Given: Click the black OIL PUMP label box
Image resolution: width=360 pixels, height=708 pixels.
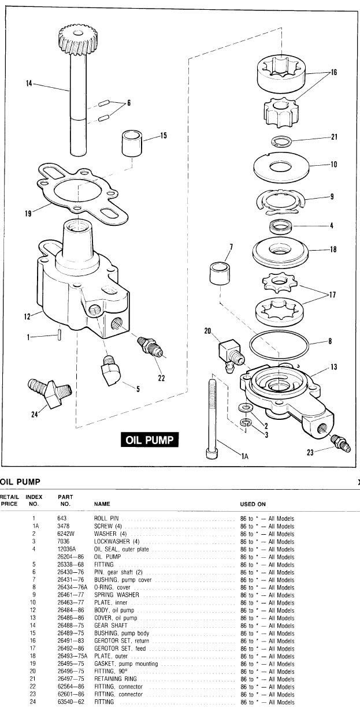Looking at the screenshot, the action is coord(150,439).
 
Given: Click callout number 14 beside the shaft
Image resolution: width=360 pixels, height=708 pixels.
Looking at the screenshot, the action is coord(29,83).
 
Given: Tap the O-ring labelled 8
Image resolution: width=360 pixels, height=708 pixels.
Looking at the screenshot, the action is coord(279,345).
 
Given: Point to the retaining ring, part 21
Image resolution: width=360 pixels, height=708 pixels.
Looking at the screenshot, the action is coord(281,141).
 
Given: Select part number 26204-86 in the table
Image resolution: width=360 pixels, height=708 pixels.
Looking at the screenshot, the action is coord(70,557).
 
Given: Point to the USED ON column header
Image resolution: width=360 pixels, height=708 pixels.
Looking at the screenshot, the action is coord(253,504).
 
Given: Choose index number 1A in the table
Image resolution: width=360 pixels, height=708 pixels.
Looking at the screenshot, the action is coord(34,526).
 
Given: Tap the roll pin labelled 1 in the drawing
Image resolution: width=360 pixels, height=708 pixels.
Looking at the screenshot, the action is coord(60,336).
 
